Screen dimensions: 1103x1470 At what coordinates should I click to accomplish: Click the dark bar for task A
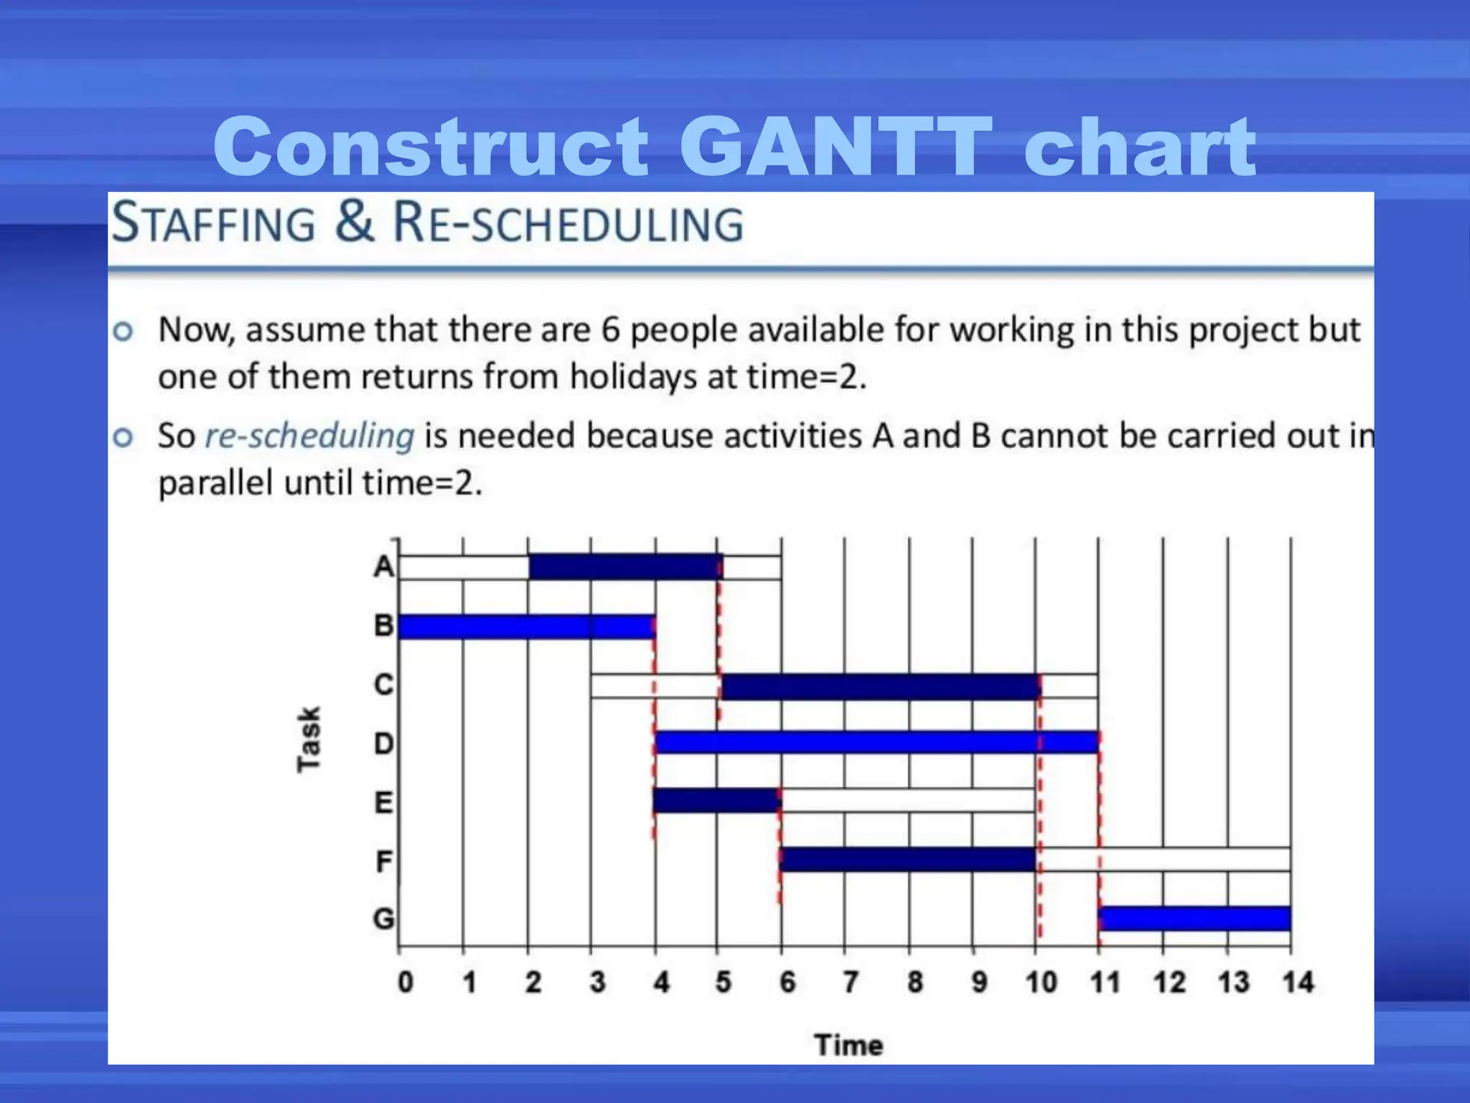(624, 567)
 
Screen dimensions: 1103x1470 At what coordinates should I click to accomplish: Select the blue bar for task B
(526, 626)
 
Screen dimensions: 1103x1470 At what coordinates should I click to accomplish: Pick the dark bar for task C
(880, 687)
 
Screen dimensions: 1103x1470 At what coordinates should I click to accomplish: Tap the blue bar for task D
(876, 743)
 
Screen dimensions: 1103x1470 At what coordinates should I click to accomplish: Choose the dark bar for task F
(907, 860)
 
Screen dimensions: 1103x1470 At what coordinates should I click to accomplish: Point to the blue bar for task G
(1194, 918)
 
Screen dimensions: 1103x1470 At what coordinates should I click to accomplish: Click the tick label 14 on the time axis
(1298, 982)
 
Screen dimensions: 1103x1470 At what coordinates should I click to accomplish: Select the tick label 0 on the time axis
(406, 982)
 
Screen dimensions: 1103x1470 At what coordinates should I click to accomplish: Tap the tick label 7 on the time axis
(851, 982)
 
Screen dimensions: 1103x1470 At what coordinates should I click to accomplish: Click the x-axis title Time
(848, 1045)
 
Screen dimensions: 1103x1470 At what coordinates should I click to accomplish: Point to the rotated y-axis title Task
(309, 740)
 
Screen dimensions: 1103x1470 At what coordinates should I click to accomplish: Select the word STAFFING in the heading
(213, 223)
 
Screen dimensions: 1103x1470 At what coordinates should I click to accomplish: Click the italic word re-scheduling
(309, 436)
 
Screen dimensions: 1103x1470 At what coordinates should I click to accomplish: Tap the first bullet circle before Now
(123, 331)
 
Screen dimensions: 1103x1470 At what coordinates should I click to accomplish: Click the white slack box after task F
(1163, 860)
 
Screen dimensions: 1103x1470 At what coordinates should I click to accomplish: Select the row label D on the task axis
(383, 743)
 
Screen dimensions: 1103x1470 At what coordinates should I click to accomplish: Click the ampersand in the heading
(354, 222)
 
